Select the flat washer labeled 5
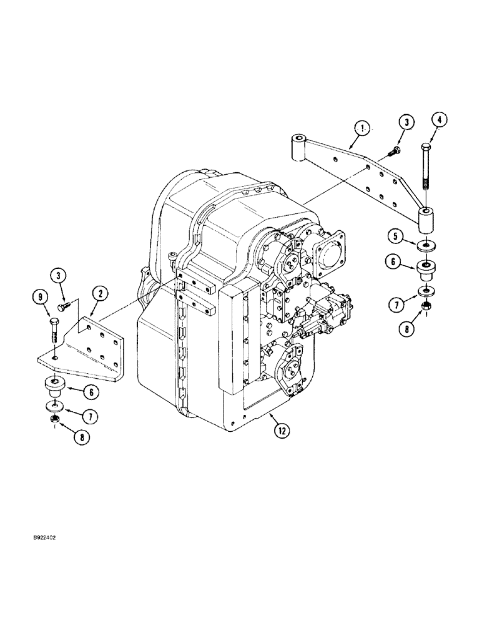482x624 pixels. click(426, 245)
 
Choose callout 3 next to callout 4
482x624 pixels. click(406, 121)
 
